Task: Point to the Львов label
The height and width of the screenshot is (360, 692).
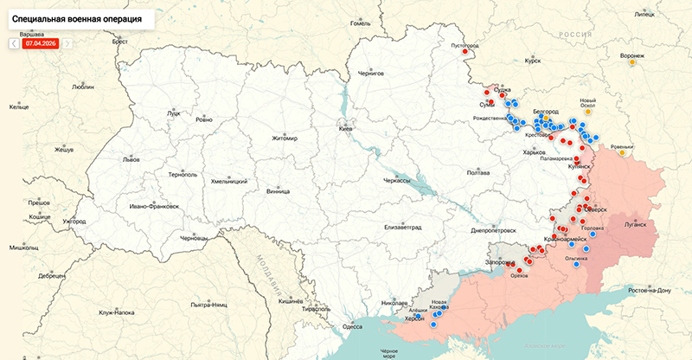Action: point(131,160)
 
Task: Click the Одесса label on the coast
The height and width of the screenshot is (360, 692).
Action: point(353,326)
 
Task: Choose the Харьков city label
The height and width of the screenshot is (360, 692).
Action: point(535,152)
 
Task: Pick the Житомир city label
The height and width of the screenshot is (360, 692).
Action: point(284,138)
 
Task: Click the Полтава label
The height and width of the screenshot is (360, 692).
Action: point(478,173)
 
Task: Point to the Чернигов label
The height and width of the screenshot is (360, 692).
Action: point(370,74)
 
